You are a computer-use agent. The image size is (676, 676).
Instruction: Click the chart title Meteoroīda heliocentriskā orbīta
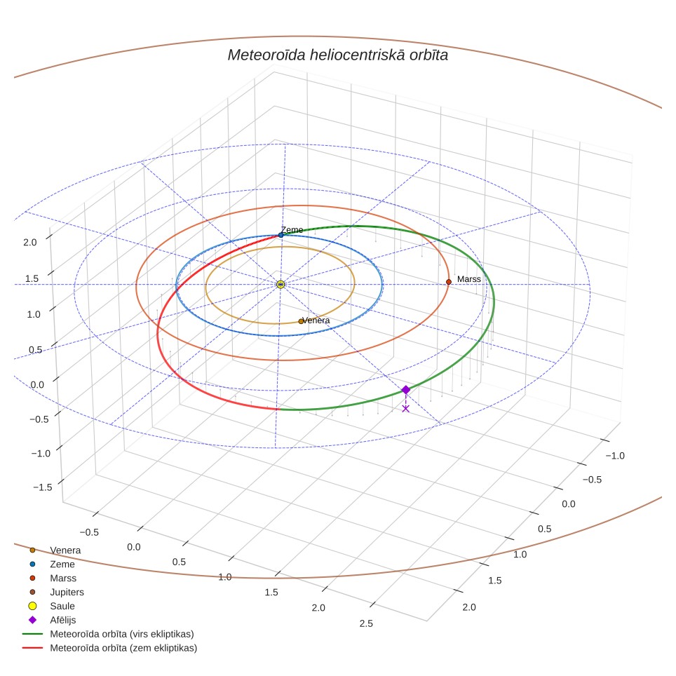pyautogui.click(x=337, y=55)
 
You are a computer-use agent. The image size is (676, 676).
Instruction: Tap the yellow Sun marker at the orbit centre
pyautogui.click(x=280, y=284)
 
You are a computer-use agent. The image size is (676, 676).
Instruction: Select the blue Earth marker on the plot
pyautogui.click(x=280, y=235)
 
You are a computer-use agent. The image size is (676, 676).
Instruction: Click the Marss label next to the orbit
pyautogui.click(x=468, y=279)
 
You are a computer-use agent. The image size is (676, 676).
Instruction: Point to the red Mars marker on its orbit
pyautogui.click(x=448, y=282)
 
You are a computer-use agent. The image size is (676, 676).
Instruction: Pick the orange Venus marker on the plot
pyautogui.click(x=301, y=321)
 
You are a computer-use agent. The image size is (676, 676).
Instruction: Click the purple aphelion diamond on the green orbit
pyautogui.click(x=406, y=390)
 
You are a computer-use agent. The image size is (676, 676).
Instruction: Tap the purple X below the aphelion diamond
pyautogui.click(x=406, y=408)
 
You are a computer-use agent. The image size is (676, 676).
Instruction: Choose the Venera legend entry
pyautogui.click(x=55, y=550)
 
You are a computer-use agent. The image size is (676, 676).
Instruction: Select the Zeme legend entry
pyautogui.click(x=52, y=564)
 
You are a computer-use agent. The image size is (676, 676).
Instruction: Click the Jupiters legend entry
pyautogui.click(x=57, y=592)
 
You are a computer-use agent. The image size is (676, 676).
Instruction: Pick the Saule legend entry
pyautogui.click(x=52, y=606)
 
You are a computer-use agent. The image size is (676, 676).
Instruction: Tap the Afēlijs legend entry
pyautogui.click(x=53, y=620)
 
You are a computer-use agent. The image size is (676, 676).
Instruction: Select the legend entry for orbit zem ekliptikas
pyautogui.click(x=110, y=648)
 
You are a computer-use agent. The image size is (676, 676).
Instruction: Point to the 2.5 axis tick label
pyautogui.click(x=366, y=623)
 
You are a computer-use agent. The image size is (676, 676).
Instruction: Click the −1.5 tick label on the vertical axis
pyautogui.click(x=43, y=487)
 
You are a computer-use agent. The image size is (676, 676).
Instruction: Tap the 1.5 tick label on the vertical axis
pyautogui.click(x=32, y=278)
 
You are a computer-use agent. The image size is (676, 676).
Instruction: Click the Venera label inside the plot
pyautogui.click(x=316, y=320)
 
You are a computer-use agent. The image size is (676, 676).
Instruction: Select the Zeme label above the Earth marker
pyautogui.click(x=292, y=230)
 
